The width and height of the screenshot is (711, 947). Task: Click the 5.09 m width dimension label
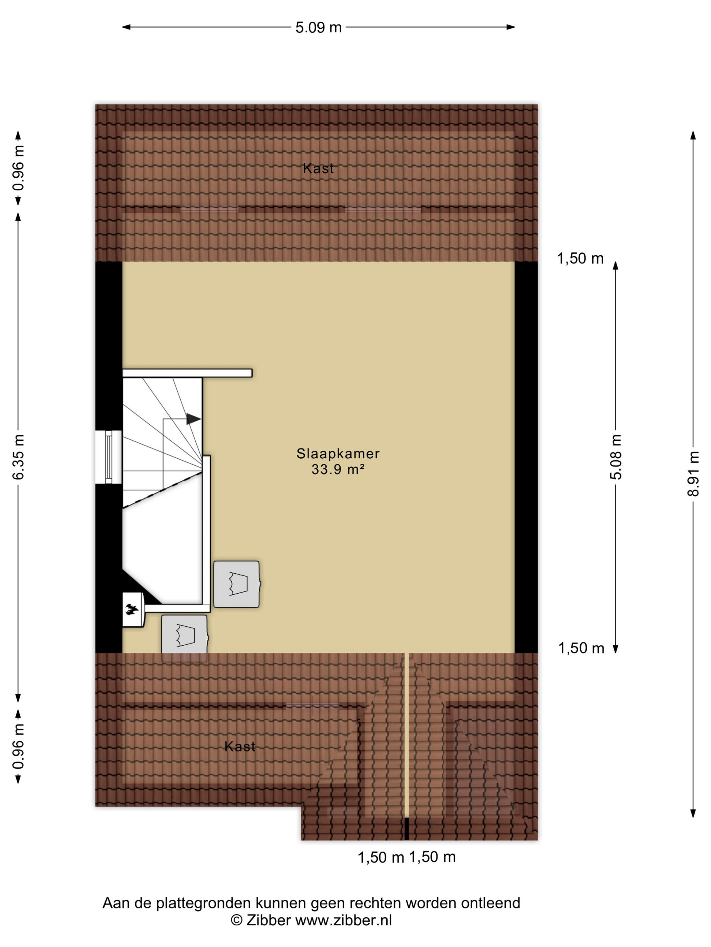[x=319, y=28]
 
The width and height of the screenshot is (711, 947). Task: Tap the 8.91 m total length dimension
[x=693, y=474]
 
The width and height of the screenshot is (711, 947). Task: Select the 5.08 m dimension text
[x=616, y=457]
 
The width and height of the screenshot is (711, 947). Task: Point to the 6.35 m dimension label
[x=18, y=457]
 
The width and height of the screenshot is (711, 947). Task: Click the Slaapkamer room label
[x=338, y=454]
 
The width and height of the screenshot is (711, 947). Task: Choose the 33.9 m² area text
[x=338, y=470]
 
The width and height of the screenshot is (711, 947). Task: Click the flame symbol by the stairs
[x=132, y=609]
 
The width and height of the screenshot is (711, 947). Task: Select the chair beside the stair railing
[x=237, y=584]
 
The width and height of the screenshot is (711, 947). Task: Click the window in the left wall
[x=108, y=457]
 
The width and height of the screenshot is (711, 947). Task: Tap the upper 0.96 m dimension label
[x=18, y=168]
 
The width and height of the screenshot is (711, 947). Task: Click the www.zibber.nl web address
[x=344, y=920]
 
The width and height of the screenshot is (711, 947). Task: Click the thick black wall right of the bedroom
[x=526, y=457]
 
